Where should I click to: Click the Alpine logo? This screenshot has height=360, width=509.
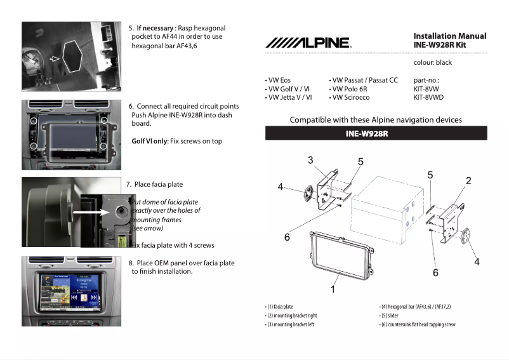tap(307, 43)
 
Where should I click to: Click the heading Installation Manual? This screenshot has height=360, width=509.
tap(449, 36)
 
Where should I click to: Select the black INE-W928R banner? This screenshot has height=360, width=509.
tap(376, 133)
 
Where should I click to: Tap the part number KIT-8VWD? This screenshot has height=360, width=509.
tap(428, 98)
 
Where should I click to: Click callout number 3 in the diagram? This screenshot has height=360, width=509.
tap(310, 160)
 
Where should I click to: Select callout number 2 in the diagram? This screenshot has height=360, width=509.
tap(468, 181)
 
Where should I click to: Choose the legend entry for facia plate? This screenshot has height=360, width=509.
tap(280, 307)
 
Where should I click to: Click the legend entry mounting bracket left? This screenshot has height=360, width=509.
tap(291, 324)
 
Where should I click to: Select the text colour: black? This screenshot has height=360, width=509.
tap(432, 63)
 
